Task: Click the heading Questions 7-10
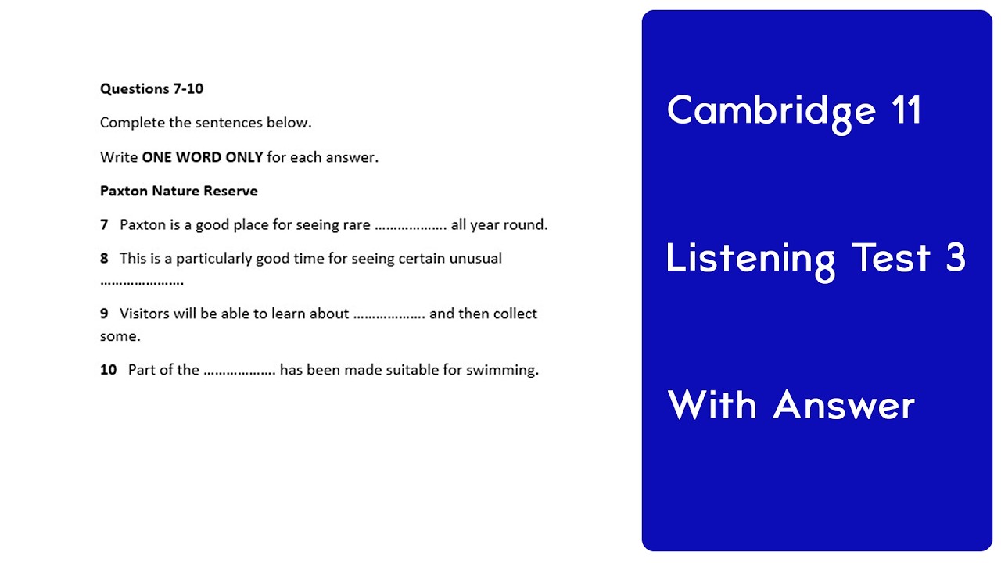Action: tap(152, 89)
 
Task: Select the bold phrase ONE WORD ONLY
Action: tap(202, 157)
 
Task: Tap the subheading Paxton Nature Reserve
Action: tap(178, 191)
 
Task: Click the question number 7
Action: tap(104, 225)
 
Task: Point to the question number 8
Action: tap(104, 259)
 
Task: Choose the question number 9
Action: tap(104, 314)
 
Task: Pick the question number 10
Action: tap(108, 370)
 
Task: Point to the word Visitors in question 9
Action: tap(145, 314)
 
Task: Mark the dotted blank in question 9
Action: tap(389, 315)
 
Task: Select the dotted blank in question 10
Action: tap(239, 371)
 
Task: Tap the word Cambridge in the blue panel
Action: tap(771, 111)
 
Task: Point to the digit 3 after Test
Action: tap(956, 257)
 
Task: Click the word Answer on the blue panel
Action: tap(844, 405)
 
